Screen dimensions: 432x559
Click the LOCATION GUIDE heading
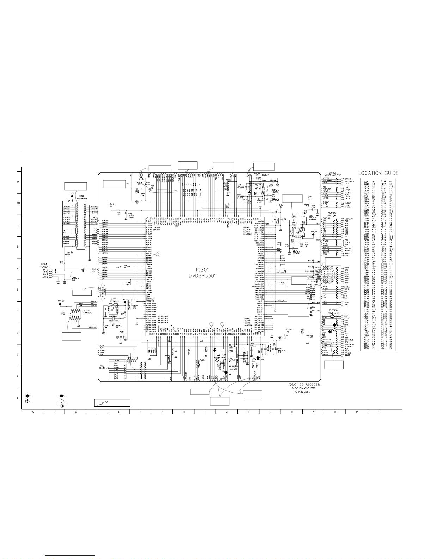(378, 173)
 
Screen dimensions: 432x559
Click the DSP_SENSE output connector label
(349, 181)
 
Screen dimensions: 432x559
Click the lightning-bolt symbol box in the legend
(112, 402)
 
